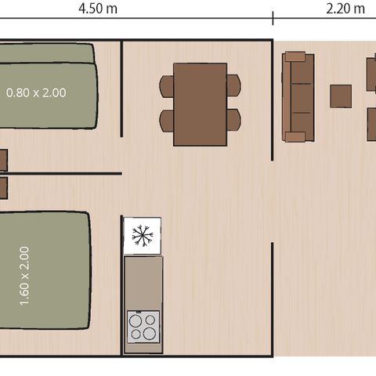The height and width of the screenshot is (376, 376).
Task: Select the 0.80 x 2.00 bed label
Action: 36,92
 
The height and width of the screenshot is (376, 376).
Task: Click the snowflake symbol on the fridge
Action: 142,235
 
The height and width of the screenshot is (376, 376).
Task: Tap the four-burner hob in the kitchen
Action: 143,326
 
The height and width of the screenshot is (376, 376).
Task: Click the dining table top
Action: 200,104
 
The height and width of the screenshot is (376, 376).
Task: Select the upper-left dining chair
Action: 167,86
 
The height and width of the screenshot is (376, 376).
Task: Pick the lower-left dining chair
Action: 167,121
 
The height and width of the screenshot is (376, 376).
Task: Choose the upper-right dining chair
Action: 233,86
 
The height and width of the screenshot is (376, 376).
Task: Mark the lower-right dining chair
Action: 233,121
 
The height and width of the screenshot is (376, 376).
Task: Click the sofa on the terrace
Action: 298,97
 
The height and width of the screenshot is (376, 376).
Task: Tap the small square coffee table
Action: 341,96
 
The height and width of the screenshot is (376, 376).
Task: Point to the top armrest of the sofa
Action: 295,56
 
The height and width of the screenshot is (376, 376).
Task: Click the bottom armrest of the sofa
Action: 295,137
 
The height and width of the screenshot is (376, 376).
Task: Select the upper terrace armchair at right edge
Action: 371,74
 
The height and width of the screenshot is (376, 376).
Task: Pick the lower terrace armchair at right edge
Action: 371,123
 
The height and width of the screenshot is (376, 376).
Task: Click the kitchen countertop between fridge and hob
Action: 143,282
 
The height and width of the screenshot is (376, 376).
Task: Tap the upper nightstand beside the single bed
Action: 2,160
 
